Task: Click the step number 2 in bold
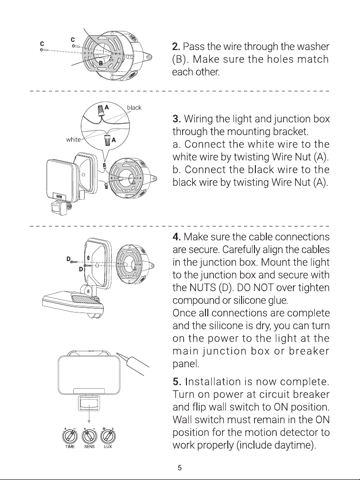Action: (x=176, y=47)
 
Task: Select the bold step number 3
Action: (x=176, y=118)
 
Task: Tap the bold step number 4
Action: (x=176, y=236)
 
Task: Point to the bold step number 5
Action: (x=177, y=382)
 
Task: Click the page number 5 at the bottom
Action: (x=180, y=468)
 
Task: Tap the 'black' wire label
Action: (x=134, y=108)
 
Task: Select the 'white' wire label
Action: (x=73, y=139)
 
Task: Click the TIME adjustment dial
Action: (x=70, y=436)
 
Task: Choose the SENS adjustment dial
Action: (x=89, y=436)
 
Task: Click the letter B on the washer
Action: (x=101, y=63)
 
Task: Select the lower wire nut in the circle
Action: (x=107, y=140)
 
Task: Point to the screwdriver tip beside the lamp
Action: (x=118, y=353)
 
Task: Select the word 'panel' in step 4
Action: (x=186, y=363)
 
